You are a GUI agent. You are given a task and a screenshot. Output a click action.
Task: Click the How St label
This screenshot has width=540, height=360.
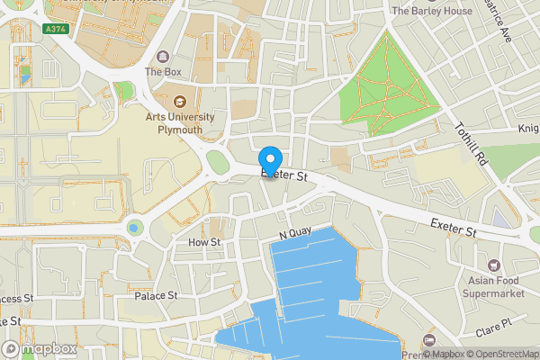pyautogui.click(x=204, y=242)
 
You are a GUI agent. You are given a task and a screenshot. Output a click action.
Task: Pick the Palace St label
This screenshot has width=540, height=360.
pyautogui.click(x=156, y=295)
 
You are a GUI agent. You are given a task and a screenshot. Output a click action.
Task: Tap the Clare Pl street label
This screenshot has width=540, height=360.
pyautogui.click(x=494, y=322)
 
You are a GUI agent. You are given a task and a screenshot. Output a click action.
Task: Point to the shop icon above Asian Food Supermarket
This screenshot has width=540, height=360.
pyautogui.click(x=494, y=265)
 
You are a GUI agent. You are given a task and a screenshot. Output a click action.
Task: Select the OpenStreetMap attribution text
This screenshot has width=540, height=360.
pyautogui.click(x=500, y=354)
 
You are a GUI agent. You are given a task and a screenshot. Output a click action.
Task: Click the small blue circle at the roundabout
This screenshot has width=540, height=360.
pyautogui.click(x=134, y=227)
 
